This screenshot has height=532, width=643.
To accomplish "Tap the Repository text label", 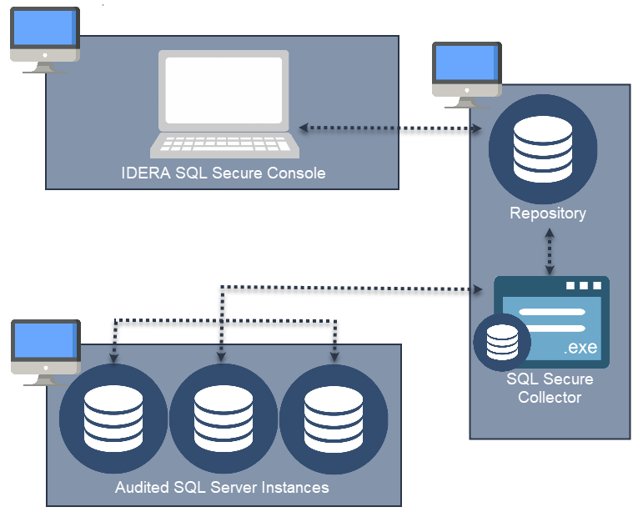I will [x=548, y=213].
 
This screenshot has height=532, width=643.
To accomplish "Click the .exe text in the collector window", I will [x=580, y=348].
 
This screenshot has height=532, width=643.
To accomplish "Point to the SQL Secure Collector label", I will [x=550, y=388].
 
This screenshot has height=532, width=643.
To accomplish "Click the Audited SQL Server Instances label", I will [x=222, y=487].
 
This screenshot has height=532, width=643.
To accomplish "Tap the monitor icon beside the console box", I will [x=45, y=39].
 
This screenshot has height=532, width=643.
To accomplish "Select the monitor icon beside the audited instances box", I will [x=45, y=352].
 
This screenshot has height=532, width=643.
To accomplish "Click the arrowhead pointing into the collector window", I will [x=479, y=289].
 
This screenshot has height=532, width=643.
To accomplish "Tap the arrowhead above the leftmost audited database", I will [x=113, y=357].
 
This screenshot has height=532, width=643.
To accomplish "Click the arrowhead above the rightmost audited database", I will [x=334, y=356].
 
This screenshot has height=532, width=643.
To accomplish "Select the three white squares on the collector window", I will [x=584, y=286].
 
